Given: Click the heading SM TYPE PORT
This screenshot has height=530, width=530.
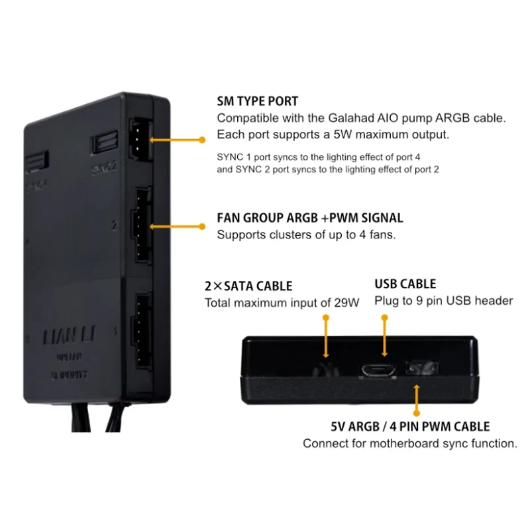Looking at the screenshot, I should [x=258, y=102].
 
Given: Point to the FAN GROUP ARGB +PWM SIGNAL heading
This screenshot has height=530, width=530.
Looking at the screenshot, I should [x=310, y=218].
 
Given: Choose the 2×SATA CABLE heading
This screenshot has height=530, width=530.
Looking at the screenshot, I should [x=248, y=286].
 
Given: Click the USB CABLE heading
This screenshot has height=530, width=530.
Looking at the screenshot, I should [x=405, y=284].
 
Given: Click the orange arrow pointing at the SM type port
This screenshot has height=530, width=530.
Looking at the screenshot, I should [x=176, y=140].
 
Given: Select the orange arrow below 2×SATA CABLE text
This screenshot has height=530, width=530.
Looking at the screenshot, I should [x=326, y=338].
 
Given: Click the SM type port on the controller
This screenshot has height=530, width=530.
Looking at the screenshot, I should [x=138, y=131].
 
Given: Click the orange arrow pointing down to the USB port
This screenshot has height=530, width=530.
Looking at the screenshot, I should [x=384, y=338].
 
